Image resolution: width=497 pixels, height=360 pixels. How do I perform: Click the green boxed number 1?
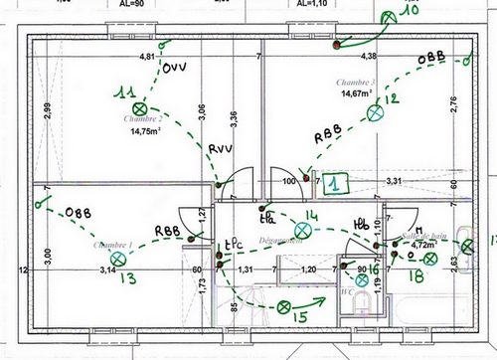[x=337, y=183]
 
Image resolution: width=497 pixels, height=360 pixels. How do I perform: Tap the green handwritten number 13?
[x=127, y=277]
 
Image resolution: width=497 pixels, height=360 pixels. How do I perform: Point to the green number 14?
[x=311, y=215]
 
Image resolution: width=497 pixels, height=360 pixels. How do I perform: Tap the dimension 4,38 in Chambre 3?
[x=368, y=57]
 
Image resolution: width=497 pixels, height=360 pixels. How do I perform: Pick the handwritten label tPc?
[x=234, y=243]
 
